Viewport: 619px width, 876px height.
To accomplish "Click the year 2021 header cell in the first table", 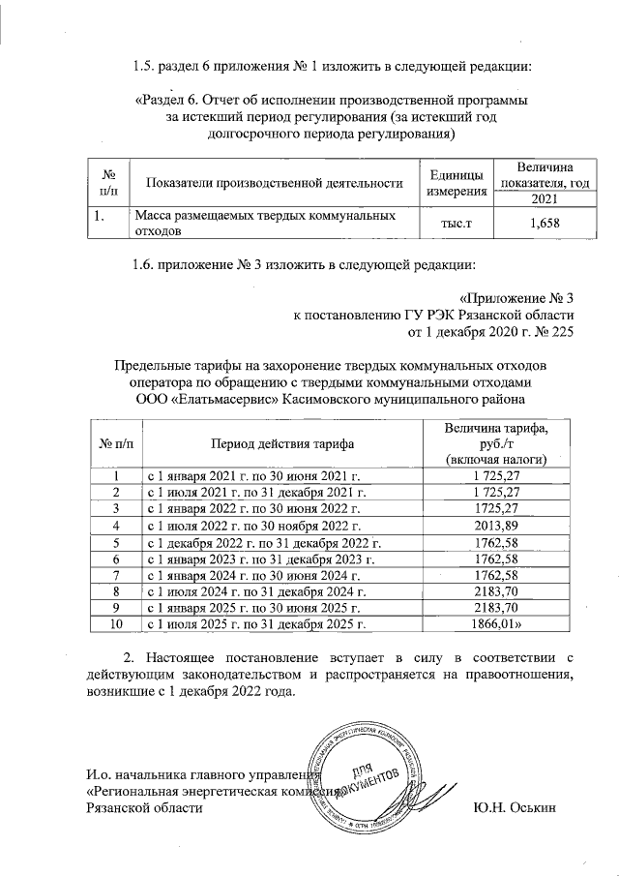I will point(531,198).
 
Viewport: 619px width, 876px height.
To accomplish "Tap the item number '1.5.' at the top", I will point(147,66).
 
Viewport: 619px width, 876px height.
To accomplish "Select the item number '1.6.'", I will point(147,264).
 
